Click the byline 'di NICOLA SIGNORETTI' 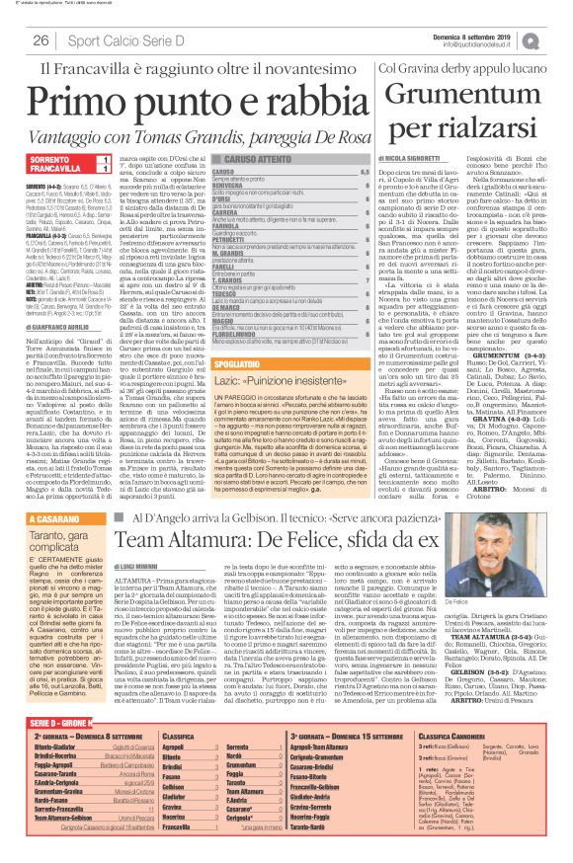[x=416, y=157]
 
